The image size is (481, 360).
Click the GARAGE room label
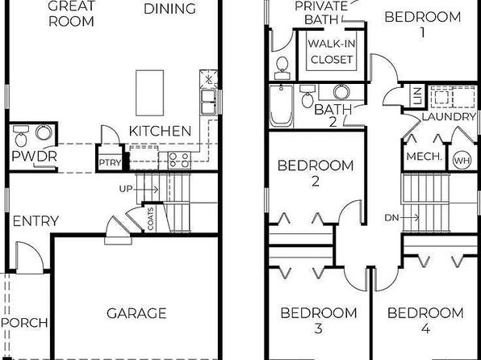click(x=136, y=313)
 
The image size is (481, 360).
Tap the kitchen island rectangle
click(x=149, y=93)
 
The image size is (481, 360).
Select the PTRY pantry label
click(x=110, y=162)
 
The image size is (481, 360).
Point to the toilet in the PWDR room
click(x=21, y=136)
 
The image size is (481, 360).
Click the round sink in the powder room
click(x=44, y=132)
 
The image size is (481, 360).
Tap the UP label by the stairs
click(x=126, y=189)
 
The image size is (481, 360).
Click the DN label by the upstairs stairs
click(x=391, y=218)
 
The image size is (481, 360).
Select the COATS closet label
click(x=150, y=219)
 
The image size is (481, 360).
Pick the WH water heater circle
click(x=462, y=161)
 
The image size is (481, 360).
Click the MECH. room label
click(x=425, y=157)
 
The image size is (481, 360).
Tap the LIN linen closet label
click(x=418, y=95)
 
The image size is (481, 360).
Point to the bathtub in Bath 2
click(x=282, y=107)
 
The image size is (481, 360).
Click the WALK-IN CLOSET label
click(x=332, y=51)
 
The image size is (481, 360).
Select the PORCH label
click(x=24, y=323)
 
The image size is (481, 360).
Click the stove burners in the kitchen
click(x=179, y=160)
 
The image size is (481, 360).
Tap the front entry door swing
click(x=29, y=257)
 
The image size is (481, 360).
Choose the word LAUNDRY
click(x=449, y=117)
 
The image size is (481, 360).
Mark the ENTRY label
click(x=36, y=221)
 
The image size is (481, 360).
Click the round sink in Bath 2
click(x=341, y=92)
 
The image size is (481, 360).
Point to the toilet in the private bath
click(x=282, y=68)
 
